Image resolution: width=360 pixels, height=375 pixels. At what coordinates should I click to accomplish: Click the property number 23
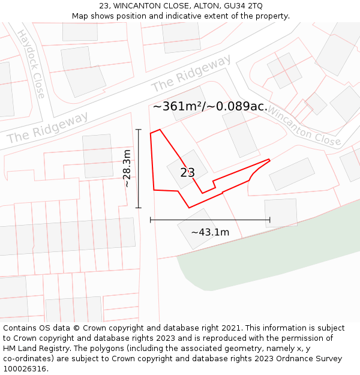(x=187, y=173)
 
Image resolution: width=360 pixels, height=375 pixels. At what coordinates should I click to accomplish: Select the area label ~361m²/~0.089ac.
(x=210, y=106)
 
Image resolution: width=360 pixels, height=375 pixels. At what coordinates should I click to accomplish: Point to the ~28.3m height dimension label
(x=127, y=169)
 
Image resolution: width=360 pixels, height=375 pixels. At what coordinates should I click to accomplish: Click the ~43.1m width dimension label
(x=210, y=232)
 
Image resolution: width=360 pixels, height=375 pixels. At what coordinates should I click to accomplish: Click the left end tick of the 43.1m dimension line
(x=150, y=220)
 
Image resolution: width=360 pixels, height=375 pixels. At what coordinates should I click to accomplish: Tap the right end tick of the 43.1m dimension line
(x=270, y=220)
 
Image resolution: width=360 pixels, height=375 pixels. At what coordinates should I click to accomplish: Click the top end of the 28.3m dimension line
(x=139, y=129)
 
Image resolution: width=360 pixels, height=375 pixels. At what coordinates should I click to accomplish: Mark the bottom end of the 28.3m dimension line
(x=139, y=208)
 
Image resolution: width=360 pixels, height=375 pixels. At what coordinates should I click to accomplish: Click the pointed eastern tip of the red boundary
(x=269, y=160)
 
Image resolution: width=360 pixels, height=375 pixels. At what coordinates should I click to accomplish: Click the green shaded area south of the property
(x=270, y=252)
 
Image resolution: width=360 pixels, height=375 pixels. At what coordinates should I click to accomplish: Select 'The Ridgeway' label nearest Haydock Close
(x=47, y=127)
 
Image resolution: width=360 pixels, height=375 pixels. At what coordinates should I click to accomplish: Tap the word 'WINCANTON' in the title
(x=136, y=6)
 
